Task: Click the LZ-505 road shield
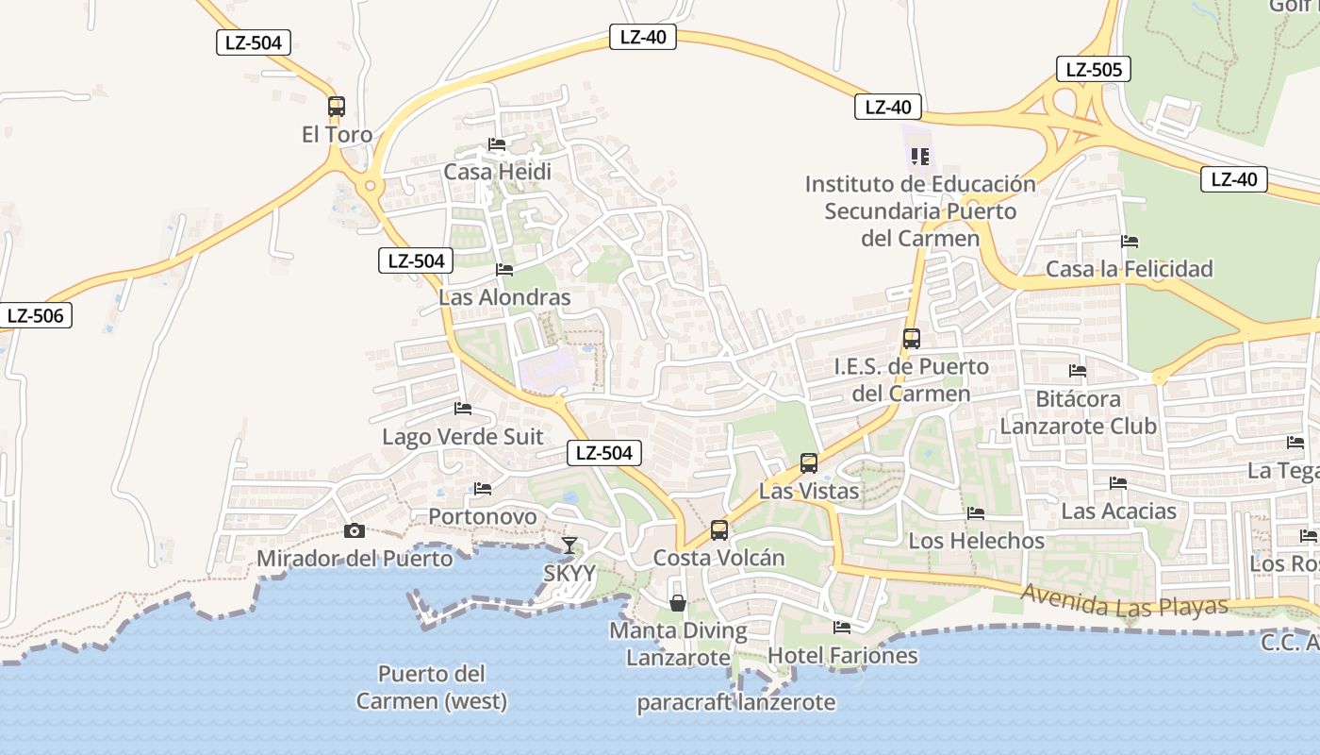point(1093,69)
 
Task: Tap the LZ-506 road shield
point(37,315)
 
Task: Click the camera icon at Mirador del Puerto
point(355,530)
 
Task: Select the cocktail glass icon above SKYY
point(569,545)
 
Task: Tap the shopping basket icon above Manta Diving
point(678,602)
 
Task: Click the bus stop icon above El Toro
point(337,107)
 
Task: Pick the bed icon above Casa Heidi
point(497,144)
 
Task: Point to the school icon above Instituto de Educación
point(920,156)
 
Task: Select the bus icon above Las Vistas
point(809,462)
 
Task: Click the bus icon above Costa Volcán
point(719,529)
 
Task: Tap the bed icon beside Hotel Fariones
point(842,627)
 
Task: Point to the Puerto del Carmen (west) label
point(431,688)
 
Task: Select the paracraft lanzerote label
point(735,702)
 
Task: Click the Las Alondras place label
point(504,297)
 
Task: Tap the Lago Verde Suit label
point(463,437)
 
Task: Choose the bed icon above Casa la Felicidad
point(1130,242)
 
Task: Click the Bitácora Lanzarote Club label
point(1078,412)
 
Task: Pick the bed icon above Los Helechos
point(976,513)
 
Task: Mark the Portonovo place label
point(483,516)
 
